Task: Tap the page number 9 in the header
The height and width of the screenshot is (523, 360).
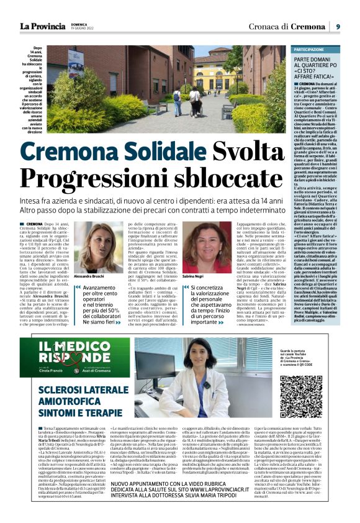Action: pos(338,26)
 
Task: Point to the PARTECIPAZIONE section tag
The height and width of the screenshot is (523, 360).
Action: pos(310,49)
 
